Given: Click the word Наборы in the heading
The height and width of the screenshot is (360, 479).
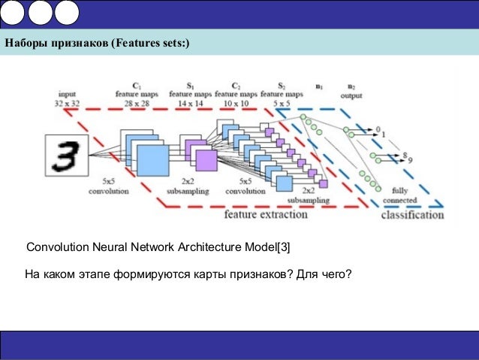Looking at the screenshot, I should coord(27,43).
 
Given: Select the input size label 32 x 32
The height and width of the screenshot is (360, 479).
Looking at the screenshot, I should coord(65,101).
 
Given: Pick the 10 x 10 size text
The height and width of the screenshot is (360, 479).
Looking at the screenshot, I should coord(236,101).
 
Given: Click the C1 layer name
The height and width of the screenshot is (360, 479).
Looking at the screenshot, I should coord(137,85).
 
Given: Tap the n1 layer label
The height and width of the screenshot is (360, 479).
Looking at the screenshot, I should coord(319,86).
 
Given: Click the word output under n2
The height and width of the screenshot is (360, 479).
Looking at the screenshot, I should coord(351,95).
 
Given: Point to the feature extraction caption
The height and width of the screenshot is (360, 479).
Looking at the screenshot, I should coord(266,214).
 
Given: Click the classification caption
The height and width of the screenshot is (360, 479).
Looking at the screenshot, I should coord(411,215).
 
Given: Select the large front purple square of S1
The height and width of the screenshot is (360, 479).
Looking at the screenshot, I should coord(205,159).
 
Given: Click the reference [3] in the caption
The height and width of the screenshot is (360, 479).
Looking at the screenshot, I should coord(282,247).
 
